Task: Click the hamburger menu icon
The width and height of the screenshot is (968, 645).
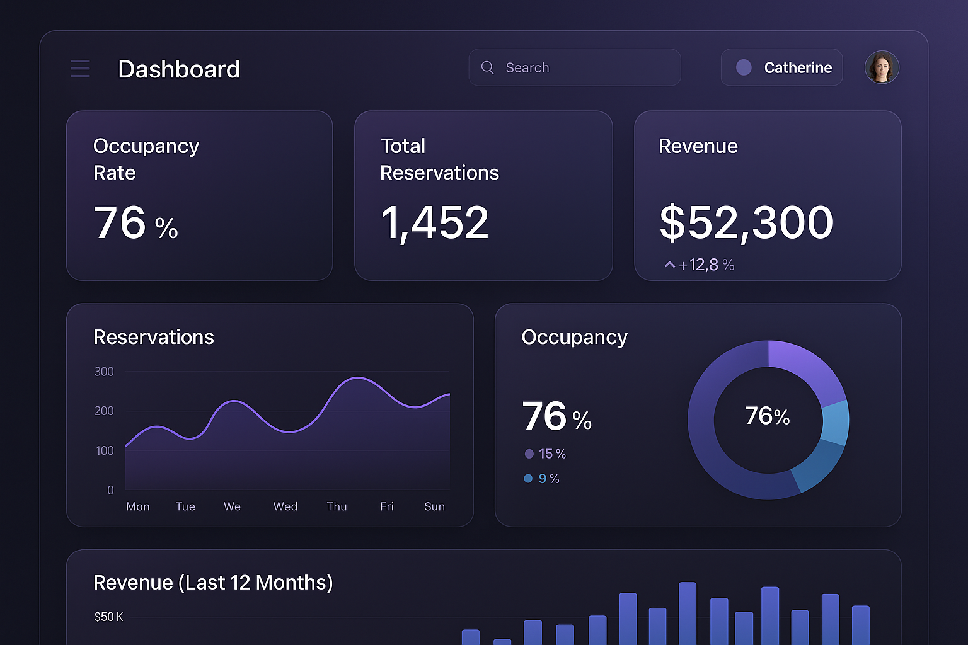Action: coord(80,68)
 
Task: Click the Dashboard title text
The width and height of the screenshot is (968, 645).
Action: coord(179,69)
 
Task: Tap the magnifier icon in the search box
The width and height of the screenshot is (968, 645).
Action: coord(487,67)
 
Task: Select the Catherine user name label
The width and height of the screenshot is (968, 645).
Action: coord(798,67)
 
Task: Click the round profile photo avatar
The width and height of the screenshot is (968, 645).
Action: coord(882,67)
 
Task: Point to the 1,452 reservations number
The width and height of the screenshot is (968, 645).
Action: coord(435,223)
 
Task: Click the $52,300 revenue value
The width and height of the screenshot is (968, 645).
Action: coord(746,223)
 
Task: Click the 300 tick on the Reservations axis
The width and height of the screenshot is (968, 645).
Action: coord(104,372)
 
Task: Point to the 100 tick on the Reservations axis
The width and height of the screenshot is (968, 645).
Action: coord(105,450)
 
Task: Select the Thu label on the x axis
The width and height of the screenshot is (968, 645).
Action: coord(337,506)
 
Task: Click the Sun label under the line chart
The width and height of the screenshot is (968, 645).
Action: coord(434,506)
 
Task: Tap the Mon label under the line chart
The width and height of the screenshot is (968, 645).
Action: coord(138,506)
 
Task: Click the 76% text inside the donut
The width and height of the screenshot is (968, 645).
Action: coord(767,416)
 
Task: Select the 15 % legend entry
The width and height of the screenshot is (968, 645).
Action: coord(546,454)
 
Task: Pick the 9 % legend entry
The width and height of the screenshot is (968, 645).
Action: coord(543,479)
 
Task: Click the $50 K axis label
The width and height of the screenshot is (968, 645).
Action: coord(108,617)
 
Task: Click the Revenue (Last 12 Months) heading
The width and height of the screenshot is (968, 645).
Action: coord(213,583)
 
